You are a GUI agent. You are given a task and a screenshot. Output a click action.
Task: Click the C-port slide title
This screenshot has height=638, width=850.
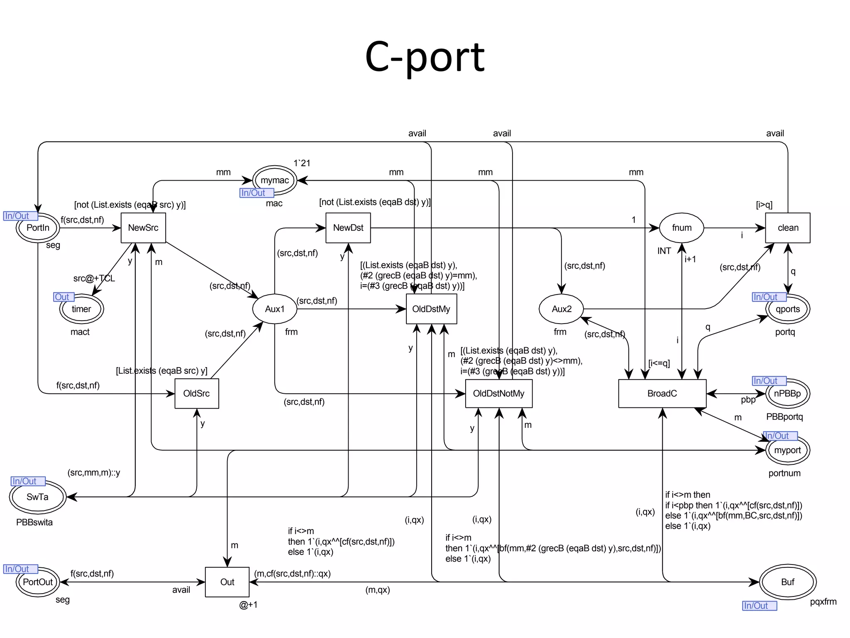coord(425,57)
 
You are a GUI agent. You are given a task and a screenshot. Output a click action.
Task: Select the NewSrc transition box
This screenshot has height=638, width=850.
coord(143,228)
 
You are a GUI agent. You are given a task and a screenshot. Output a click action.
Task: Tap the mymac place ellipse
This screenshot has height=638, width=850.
coord(275,180)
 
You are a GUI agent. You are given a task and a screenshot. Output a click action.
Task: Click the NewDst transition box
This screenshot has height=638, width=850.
coord(348,228)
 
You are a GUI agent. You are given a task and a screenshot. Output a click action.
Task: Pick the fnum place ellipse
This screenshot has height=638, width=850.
coord(681,228)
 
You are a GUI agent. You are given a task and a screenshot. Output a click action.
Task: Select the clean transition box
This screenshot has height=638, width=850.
coord(787,228)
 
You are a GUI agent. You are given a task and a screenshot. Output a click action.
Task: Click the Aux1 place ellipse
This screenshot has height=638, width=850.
coord(275,309)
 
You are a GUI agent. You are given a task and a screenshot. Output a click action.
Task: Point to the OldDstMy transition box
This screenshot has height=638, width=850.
coord(431,309)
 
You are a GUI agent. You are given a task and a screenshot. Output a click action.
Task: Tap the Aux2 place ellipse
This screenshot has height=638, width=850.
coord(561,309)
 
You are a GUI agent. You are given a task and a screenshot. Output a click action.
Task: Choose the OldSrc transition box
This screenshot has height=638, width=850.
coord(196,393)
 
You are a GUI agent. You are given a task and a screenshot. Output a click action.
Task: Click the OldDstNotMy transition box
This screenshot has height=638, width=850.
coord(498,393)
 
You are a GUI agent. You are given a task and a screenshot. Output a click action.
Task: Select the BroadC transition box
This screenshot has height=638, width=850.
coord(662,393)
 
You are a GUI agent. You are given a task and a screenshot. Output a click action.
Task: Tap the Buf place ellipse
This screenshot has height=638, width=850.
coord(787,582)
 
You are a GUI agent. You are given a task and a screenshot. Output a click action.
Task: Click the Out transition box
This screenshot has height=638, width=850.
coord(227,582)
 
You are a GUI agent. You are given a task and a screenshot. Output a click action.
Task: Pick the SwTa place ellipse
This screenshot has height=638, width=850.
coord(37,497)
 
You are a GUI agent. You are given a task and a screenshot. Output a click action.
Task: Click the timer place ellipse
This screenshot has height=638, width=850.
coord(81,309)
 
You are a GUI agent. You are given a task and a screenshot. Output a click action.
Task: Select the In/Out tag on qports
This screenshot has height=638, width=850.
coord(769,297)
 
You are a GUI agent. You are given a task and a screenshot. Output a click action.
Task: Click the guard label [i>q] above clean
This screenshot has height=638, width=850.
coord(764,205)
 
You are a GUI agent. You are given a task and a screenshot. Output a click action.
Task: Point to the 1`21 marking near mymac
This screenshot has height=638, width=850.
coord(302,163)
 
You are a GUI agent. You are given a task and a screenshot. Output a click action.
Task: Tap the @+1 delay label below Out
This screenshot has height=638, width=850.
coord(248,605)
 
